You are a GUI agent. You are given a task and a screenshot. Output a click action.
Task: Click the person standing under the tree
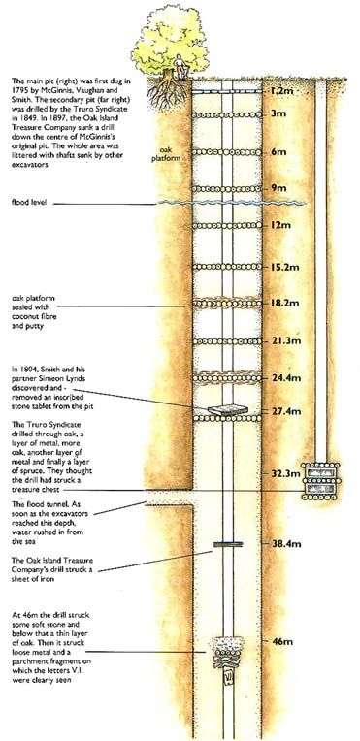coord(180,65)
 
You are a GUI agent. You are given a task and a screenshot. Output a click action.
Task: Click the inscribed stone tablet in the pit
coord(227,410)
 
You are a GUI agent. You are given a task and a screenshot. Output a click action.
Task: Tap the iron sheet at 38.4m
coord(227,544)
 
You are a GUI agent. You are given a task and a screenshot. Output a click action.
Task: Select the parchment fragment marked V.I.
coord(228,677)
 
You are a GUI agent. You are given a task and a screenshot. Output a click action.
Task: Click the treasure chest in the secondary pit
coord(321,480)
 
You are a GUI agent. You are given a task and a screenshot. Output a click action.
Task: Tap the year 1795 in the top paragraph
coord(19,89)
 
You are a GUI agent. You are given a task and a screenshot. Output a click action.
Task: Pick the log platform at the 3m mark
coord(227,114)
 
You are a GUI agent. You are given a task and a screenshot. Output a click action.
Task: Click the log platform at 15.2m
coord(227,266)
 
